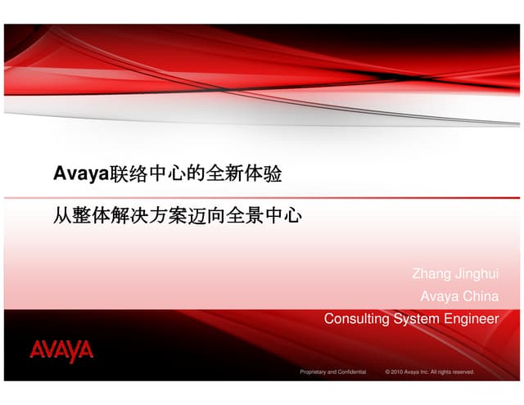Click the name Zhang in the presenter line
pyautogui.click(x=429, y=274)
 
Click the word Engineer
pyautogui.click(x=471, y=318)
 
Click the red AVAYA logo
pyautogui.click(x=62, y=351)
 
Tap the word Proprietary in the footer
pyautogui.click(x=314, y=371)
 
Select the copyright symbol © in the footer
pyautogui.click(x=387, y=371)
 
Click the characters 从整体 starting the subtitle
pyautogui.click(x=76, y=218)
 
